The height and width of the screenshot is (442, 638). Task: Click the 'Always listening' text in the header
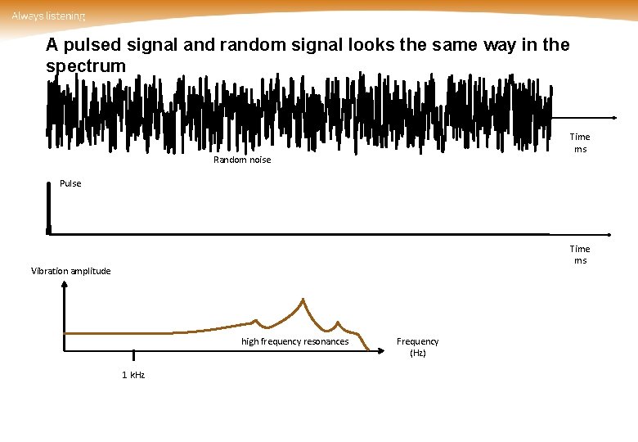click(x=47, y=16)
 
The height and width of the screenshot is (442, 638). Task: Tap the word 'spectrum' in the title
click(x=86, y=65)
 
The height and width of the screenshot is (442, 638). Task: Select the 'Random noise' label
click(x=241, y=160)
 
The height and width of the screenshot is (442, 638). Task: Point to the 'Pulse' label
click(x=70, y=183)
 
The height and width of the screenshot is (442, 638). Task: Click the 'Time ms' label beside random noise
click(x=580, y=142)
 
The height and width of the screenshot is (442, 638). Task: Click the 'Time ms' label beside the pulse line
click(x=580, y=254)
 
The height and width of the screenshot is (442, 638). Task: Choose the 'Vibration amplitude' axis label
click(x=70, y=271)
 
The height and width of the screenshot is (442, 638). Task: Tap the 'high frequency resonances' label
click(x=294, y=341)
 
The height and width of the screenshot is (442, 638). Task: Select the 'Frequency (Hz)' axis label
click(x=417, y=346)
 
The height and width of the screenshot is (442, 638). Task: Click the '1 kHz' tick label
click(x=133, y=374)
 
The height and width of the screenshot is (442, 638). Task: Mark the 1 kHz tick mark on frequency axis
click(x=133, y=355)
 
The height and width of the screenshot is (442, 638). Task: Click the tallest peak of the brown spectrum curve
click(x=303, y=300)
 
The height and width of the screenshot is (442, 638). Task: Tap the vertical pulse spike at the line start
click(x=48, y=205)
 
